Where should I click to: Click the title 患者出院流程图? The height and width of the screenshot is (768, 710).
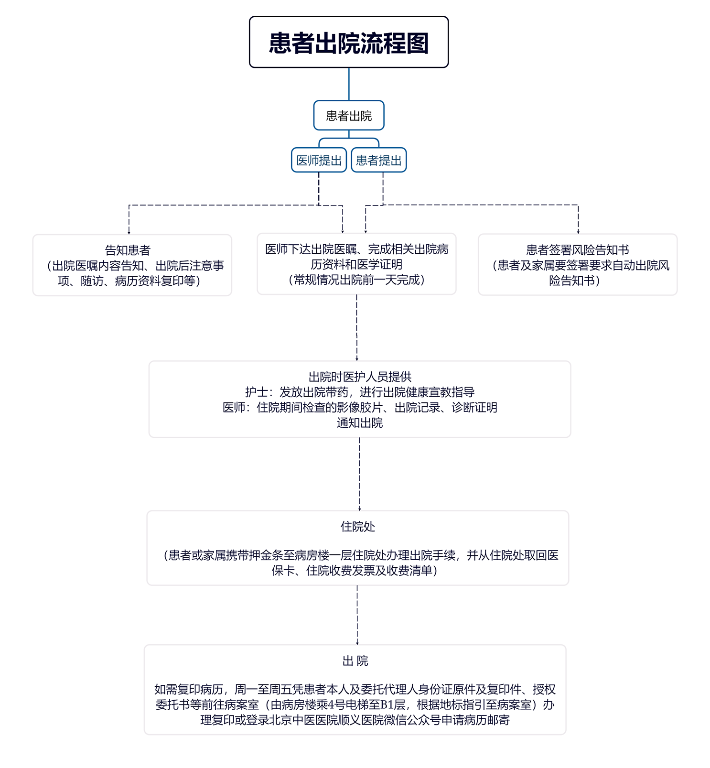[x=349, y=43]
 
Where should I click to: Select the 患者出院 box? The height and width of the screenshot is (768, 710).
[x=349, y=116]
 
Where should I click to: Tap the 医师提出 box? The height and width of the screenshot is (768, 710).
[x=319, y=161]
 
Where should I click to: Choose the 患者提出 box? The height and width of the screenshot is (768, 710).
[x=379, y=161]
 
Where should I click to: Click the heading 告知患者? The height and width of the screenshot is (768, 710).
[x=128, y=250]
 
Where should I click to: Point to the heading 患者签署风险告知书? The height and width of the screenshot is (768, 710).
[x=577, y=250]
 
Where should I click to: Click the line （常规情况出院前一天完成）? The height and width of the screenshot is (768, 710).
[x=356, y=280]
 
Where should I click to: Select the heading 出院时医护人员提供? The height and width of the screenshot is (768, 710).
[x=360, y=377]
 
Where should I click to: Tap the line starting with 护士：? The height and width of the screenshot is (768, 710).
[x=360, y=392]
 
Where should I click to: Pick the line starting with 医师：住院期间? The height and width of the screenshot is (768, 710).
[x=360, y=407]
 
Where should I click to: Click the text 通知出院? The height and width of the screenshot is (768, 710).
[x=360, y=422]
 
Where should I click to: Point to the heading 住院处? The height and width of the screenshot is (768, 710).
[x=357, y=527]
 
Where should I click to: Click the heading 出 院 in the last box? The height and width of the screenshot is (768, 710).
[x=355, y=661]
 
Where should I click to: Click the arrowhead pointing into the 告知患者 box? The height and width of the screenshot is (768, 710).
[x=129, y=232]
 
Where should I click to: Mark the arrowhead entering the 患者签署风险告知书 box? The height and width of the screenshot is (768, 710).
[x=578, y=232]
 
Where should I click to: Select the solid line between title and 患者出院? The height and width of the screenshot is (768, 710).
[x=349, y=84]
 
